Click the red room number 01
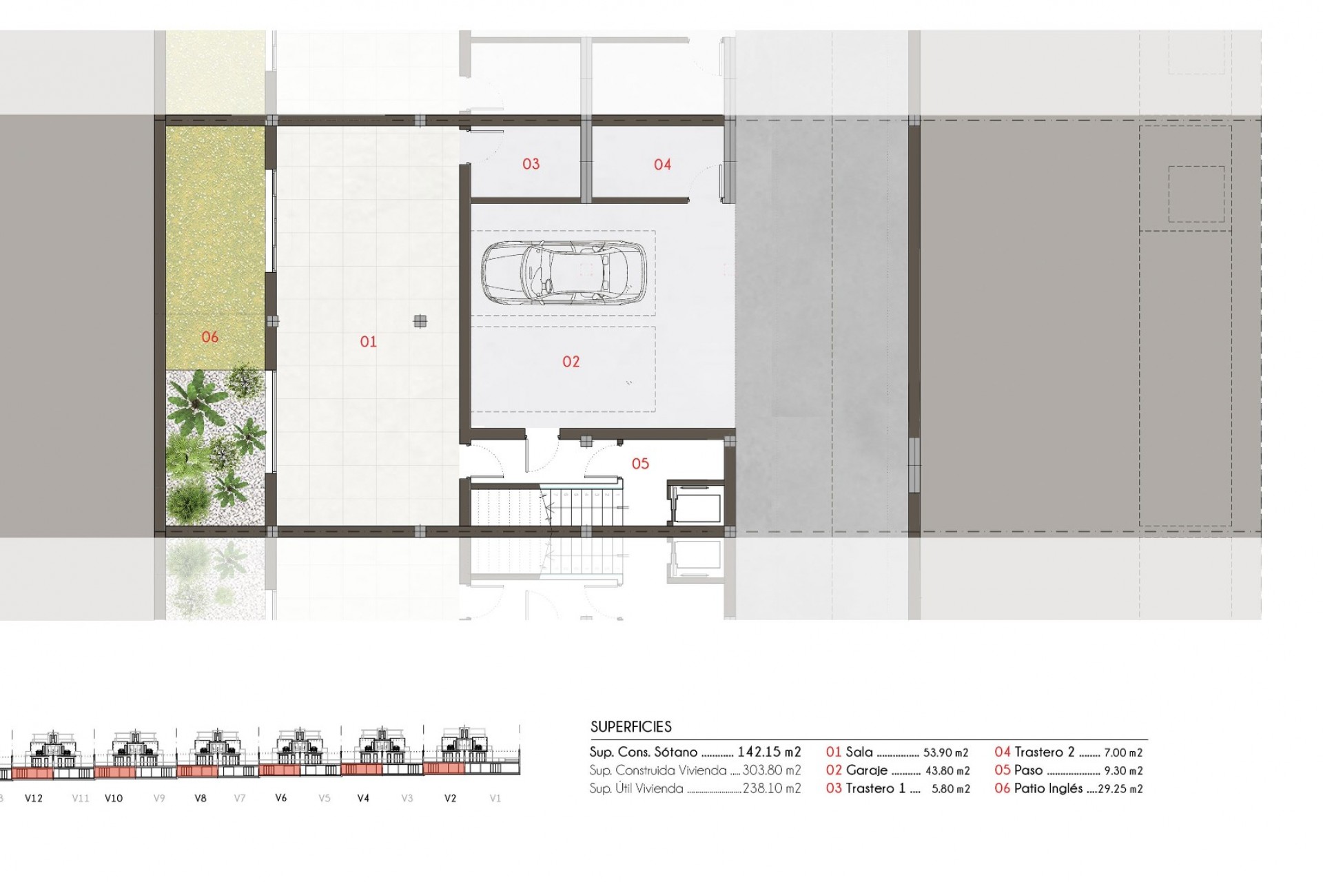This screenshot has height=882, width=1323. point(368,342)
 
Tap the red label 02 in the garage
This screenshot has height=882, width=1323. point(571,362)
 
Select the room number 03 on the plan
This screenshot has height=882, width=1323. point(531,164)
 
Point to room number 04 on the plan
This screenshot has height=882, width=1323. point(662,165)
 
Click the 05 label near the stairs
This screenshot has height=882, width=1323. point(640,464)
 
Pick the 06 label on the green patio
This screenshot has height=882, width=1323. point(209,337)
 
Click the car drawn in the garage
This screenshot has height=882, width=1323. point(564,273)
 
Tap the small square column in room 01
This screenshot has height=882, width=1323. point(420,321)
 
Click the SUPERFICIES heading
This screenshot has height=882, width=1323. point(630,727)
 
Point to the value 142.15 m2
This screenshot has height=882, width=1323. point(769,752)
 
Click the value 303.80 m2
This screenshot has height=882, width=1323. point(772,770)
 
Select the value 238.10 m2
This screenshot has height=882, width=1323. point(772,789)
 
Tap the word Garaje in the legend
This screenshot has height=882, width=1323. point(867,771)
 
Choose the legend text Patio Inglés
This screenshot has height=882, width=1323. point(1048,788)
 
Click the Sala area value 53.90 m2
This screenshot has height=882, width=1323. point(945,753)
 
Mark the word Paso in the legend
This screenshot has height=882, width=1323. point(1028,770)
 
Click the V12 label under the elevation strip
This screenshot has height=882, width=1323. point(34,799)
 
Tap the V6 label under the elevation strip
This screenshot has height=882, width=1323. point(280,798)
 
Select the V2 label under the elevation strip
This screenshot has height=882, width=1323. point(450,799)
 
